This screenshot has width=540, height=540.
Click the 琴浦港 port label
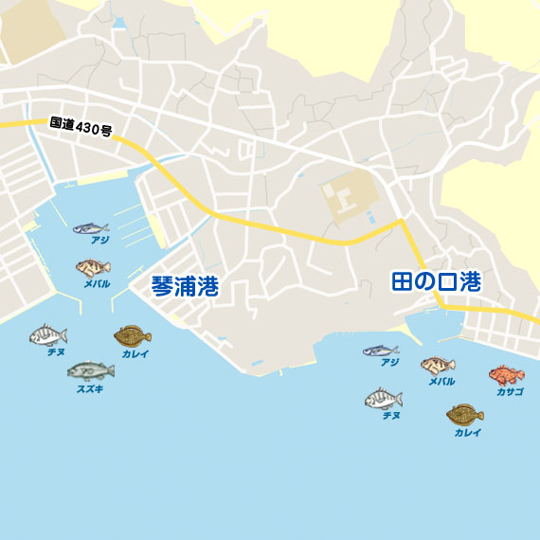click(x=185, y=287)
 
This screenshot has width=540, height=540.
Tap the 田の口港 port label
click(x=436, y=282)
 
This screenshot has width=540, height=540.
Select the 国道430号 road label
click(x=81, y=127)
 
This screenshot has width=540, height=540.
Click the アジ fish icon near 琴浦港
click(x=90, y=228)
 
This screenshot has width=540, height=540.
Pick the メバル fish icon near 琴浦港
click(x=93, y=268)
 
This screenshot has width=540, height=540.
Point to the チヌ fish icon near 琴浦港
click(x=47, y=334)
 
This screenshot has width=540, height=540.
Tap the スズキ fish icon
click(x=90, y=369)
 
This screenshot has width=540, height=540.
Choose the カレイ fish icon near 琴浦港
click(x=133, y=335)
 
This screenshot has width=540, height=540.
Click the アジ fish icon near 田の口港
click(x=380, y=351)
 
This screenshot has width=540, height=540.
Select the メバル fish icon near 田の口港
click(x=438, y=366)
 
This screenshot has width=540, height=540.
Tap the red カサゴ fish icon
click(x=506, y=375)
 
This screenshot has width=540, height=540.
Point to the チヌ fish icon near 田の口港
click(x=384, y=399)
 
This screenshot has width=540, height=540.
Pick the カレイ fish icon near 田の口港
click(x=464, y=415)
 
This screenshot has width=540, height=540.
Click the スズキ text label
click(x=90, y=387)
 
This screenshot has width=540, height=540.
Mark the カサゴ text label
click(x=508, y=391)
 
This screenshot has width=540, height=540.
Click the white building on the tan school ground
click(x=340, y=197)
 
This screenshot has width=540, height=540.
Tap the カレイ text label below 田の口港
click(x=467, y=433)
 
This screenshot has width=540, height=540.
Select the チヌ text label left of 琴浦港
click(x=56, y=351)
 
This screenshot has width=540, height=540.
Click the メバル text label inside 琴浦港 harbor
click(x=97, y=283)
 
